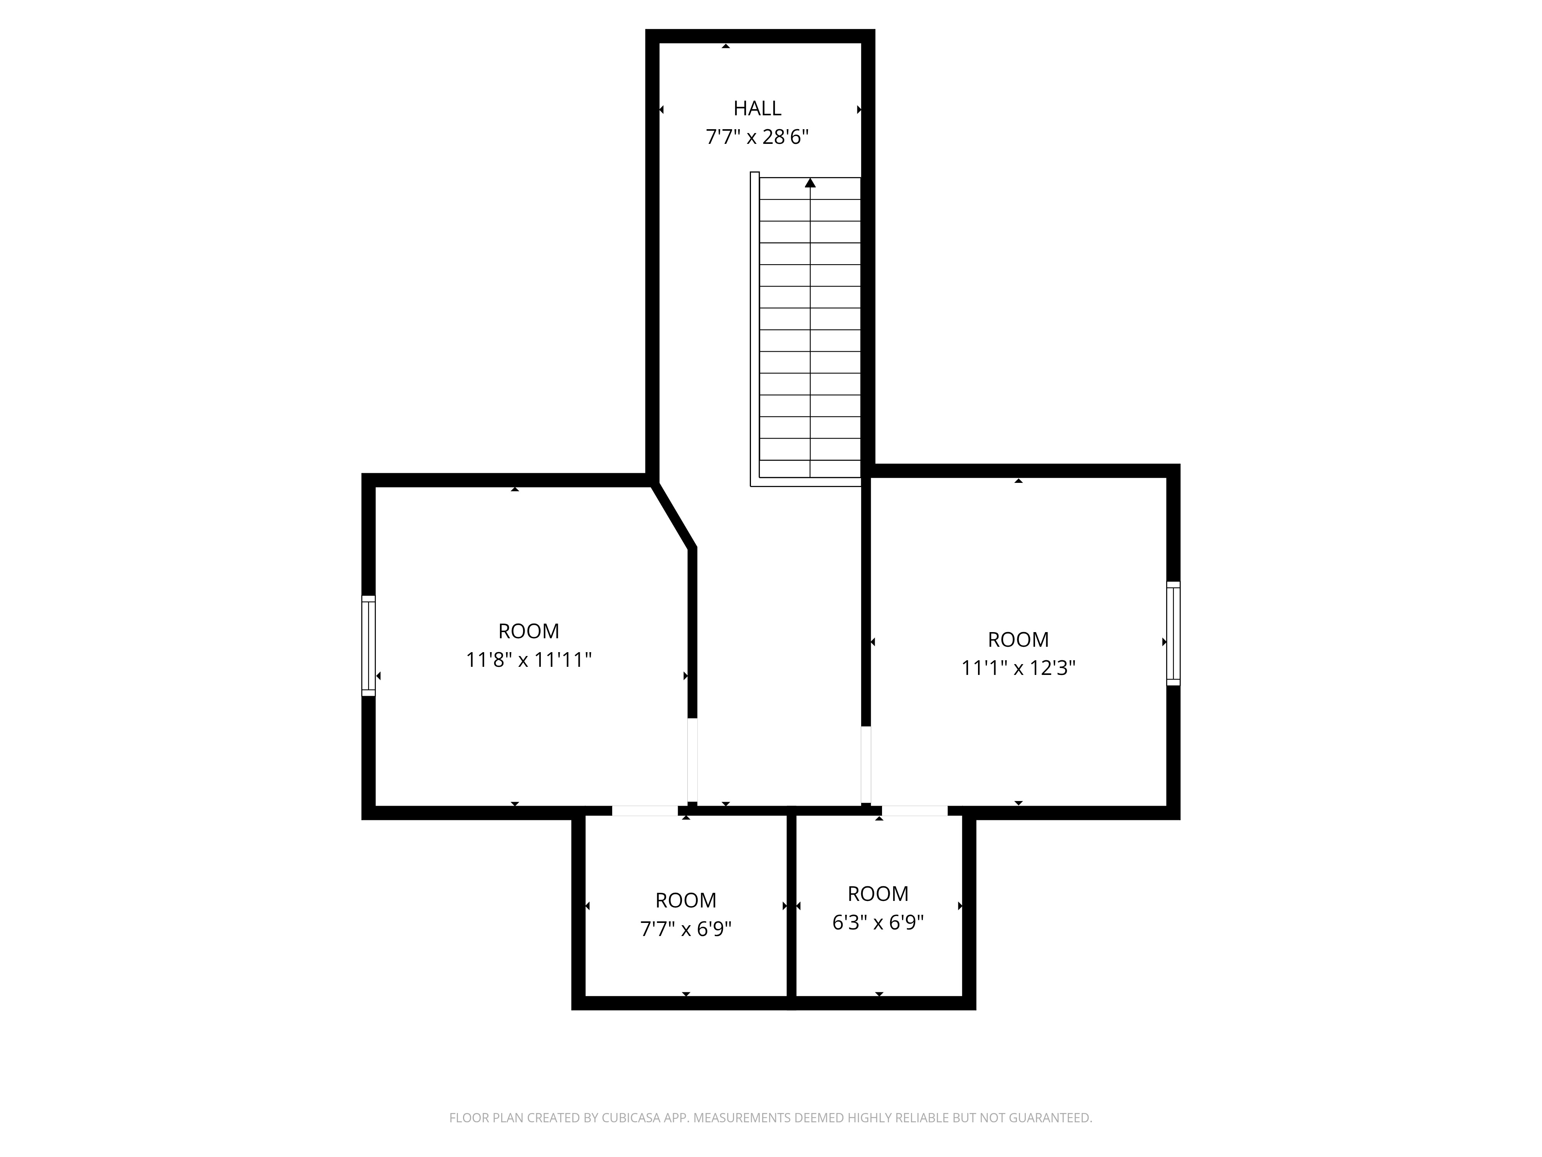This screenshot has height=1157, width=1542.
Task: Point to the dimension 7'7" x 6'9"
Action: [686, 929]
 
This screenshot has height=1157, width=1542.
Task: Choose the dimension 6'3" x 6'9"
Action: [878, 923]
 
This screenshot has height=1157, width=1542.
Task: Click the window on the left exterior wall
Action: [368, 646]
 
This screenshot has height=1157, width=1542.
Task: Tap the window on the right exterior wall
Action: [1173, 633]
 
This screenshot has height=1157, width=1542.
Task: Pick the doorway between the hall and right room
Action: [866, 765]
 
